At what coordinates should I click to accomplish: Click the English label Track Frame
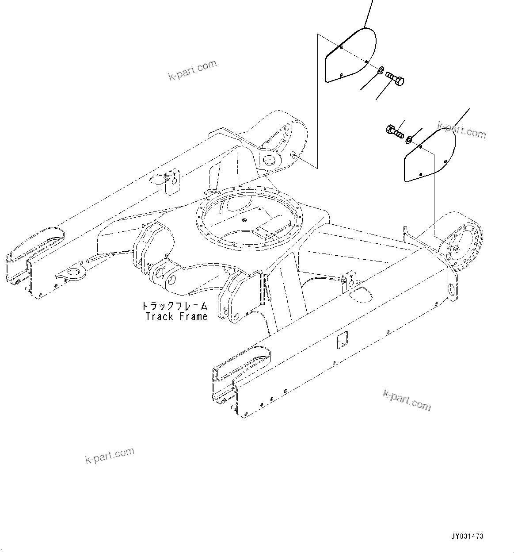click(176, 317)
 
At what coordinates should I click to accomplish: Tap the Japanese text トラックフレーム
click(175, 306)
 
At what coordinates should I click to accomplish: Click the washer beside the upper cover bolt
click(380, 69)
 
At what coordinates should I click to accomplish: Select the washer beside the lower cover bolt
click(409, 140)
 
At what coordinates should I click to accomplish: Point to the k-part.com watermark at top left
click(193, 70)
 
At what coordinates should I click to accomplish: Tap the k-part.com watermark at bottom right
click(407, 399)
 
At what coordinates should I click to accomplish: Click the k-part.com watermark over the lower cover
click(461, 130)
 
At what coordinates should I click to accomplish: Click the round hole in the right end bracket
click(452, 292)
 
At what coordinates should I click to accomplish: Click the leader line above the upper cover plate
click(368, 13)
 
